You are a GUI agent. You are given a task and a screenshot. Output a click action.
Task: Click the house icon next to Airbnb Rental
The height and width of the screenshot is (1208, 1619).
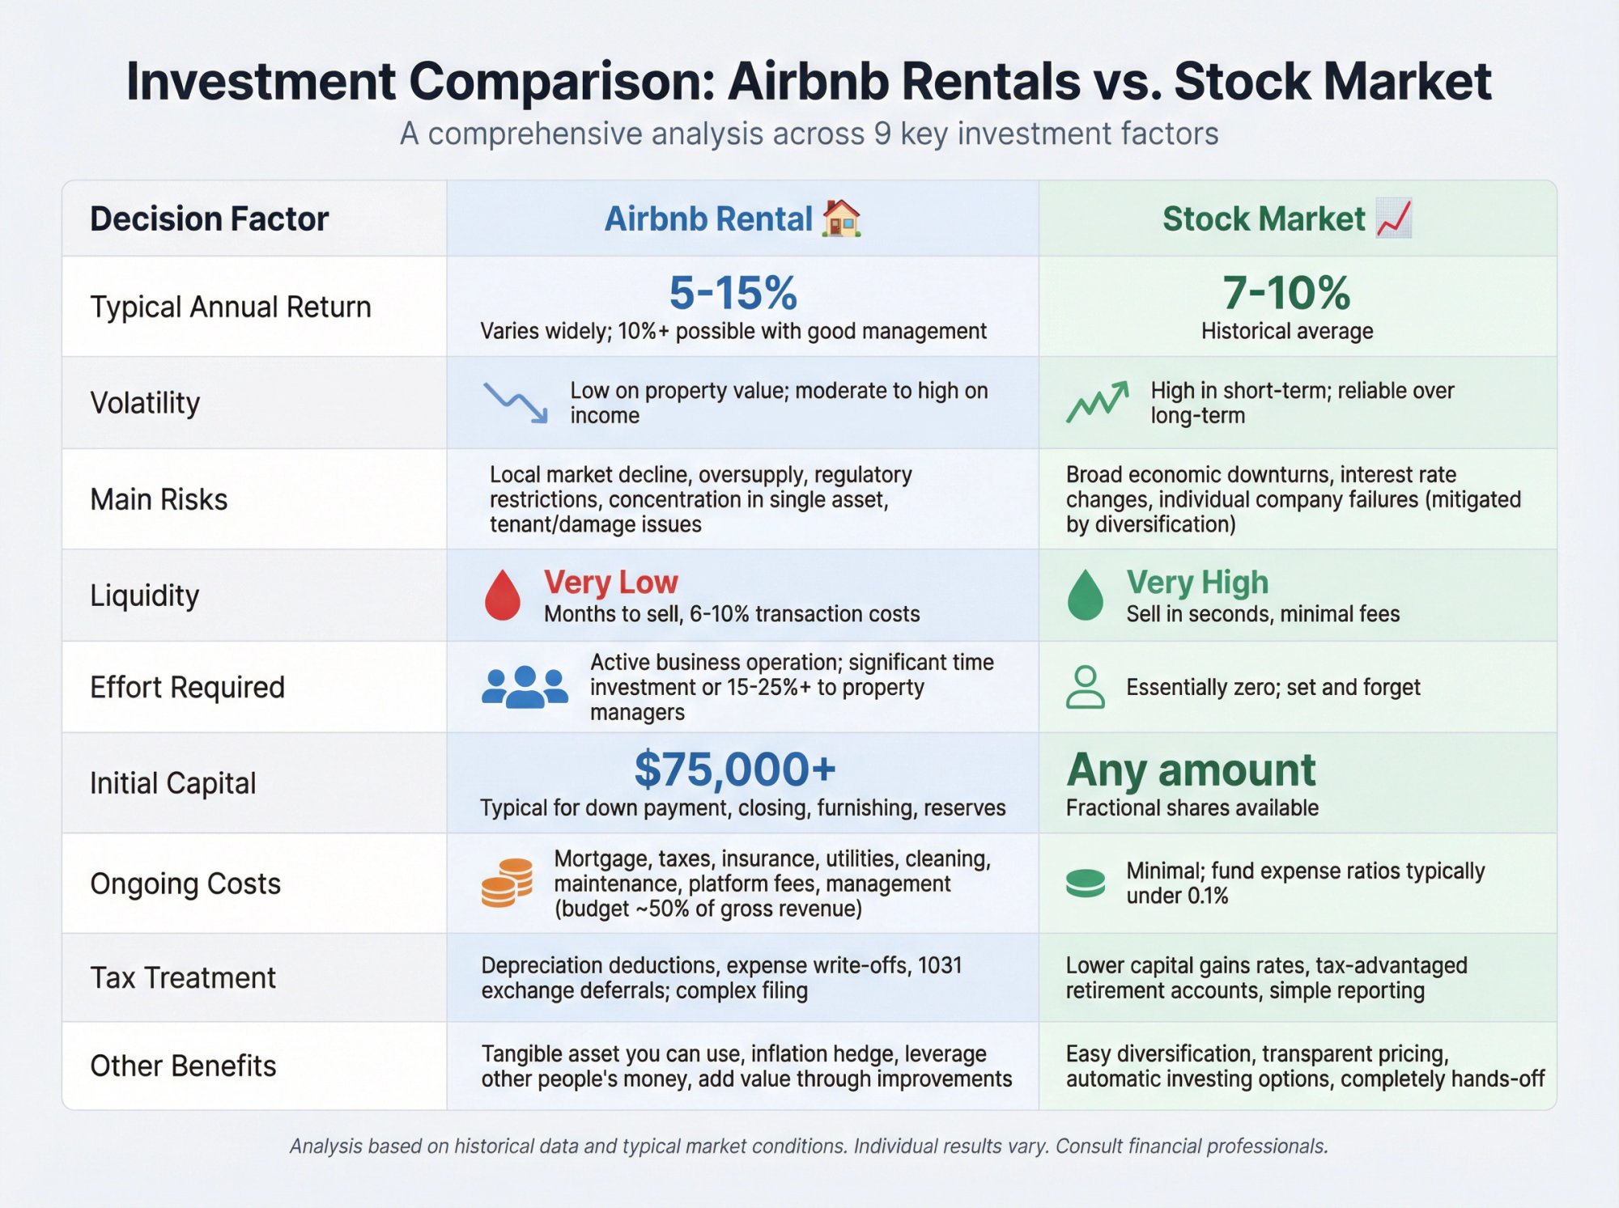841,218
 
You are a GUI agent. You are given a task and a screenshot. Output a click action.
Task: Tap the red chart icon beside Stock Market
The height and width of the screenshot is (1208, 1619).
1394,218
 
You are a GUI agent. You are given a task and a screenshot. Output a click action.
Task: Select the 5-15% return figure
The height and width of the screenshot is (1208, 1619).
733,292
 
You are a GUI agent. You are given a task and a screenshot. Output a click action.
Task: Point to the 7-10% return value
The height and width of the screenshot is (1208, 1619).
1286,292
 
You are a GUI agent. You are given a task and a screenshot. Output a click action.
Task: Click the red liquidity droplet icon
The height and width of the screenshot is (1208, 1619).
502,596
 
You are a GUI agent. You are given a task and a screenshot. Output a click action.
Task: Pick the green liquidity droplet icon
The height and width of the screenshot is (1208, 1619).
1086,596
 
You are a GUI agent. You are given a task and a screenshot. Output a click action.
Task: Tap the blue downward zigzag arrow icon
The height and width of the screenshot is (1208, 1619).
516,402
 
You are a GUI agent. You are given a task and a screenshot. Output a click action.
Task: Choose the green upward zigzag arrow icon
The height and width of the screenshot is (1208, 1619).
1097,402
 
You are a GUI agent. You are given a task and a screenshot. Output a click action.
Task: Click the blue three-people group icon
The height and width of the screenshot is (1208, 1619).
525,687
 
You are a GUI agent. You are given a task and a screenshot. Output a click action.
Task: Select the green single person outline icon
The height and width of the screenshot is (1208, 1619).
1085,687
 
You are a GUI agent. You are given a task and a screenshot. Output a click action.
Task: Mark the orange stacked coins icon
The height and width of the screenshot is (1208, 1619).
507,883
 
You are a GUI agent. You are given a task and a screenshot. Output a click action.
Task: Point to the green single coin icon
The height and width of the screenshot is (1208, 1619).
1086,883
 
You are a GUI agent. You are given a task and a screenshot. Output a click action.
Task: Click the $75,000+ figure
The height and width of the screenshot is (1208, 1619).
734,769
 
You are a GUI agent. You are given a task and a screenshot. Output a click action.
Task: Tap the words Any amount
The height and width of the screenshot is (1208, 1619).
1191,769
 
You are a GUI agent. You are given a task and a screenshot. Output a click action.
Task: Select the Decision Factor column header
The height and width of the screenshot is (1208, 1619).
209,218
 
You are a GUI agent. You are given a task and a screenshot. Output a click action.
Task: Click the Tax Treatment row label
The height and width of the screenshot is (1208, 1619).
183,977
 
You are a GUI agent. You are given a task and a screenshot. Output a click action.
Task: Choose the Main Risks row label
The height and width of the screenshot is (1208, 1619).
159,499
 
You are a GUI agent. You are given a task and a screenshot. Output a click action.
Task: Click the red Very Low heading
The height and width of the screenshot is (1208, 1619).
610,582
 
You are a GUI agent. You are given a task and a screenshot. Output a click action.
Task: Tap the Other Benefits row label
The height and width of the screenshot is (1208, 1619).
183,1066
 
